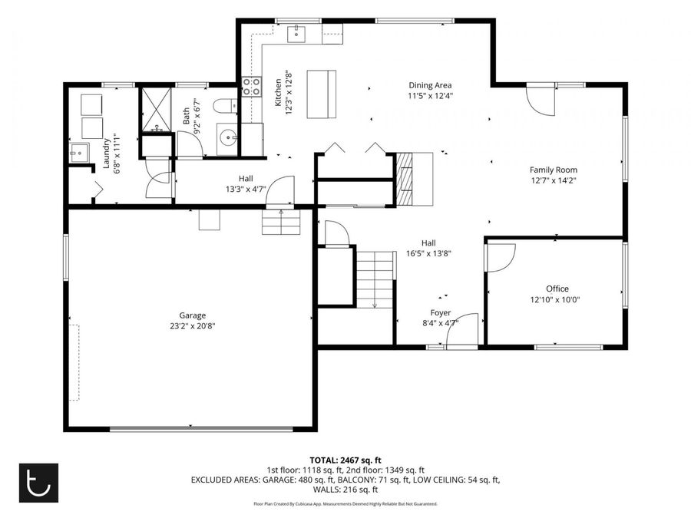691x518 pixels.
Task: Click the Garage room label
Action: tap(192, 315)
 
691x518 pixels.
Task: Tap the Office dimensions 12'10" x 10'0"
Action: tap(555, 300)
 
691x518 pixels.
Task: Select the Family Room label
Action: tap(554, 170)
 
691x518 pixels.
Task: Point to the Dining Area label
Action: tap(430, 85)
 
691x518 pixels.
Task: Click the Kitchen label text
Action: tap(278, 93)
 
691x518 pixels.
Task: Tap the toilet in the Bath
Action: tap(225, 106)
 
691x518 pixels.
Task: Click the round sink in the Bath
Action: tap(229, 138)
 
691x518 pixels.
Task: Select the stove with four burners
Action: tap(252, 87)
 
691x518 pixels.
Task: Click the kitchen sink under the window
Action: tap(296, 34)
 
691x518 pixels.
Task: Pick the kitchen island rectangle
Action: tap(321, 94)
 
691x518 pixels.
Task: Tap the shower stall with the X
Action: tap(156, 109)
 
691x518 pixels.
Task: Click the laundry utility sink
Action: tap(79, 153)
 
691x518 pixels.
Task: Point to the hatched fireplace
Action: tap(405, 180)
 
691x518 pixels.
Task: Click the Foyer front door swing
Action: tap(462, 331)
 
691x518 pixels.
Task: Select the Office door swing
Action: tap(501, 257)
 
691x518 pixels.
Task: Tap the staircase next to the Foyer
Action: tap(375, 280)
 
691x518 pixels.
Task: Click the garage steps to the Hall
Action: tap(282, 222)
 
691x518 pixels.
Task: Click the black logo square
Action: tap(39, 483)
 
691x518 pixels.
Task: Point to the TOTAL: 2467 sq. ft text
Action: tap(345, 460)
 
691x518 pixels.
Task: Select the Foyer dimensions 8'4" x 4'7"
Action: tap(441, 323)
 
